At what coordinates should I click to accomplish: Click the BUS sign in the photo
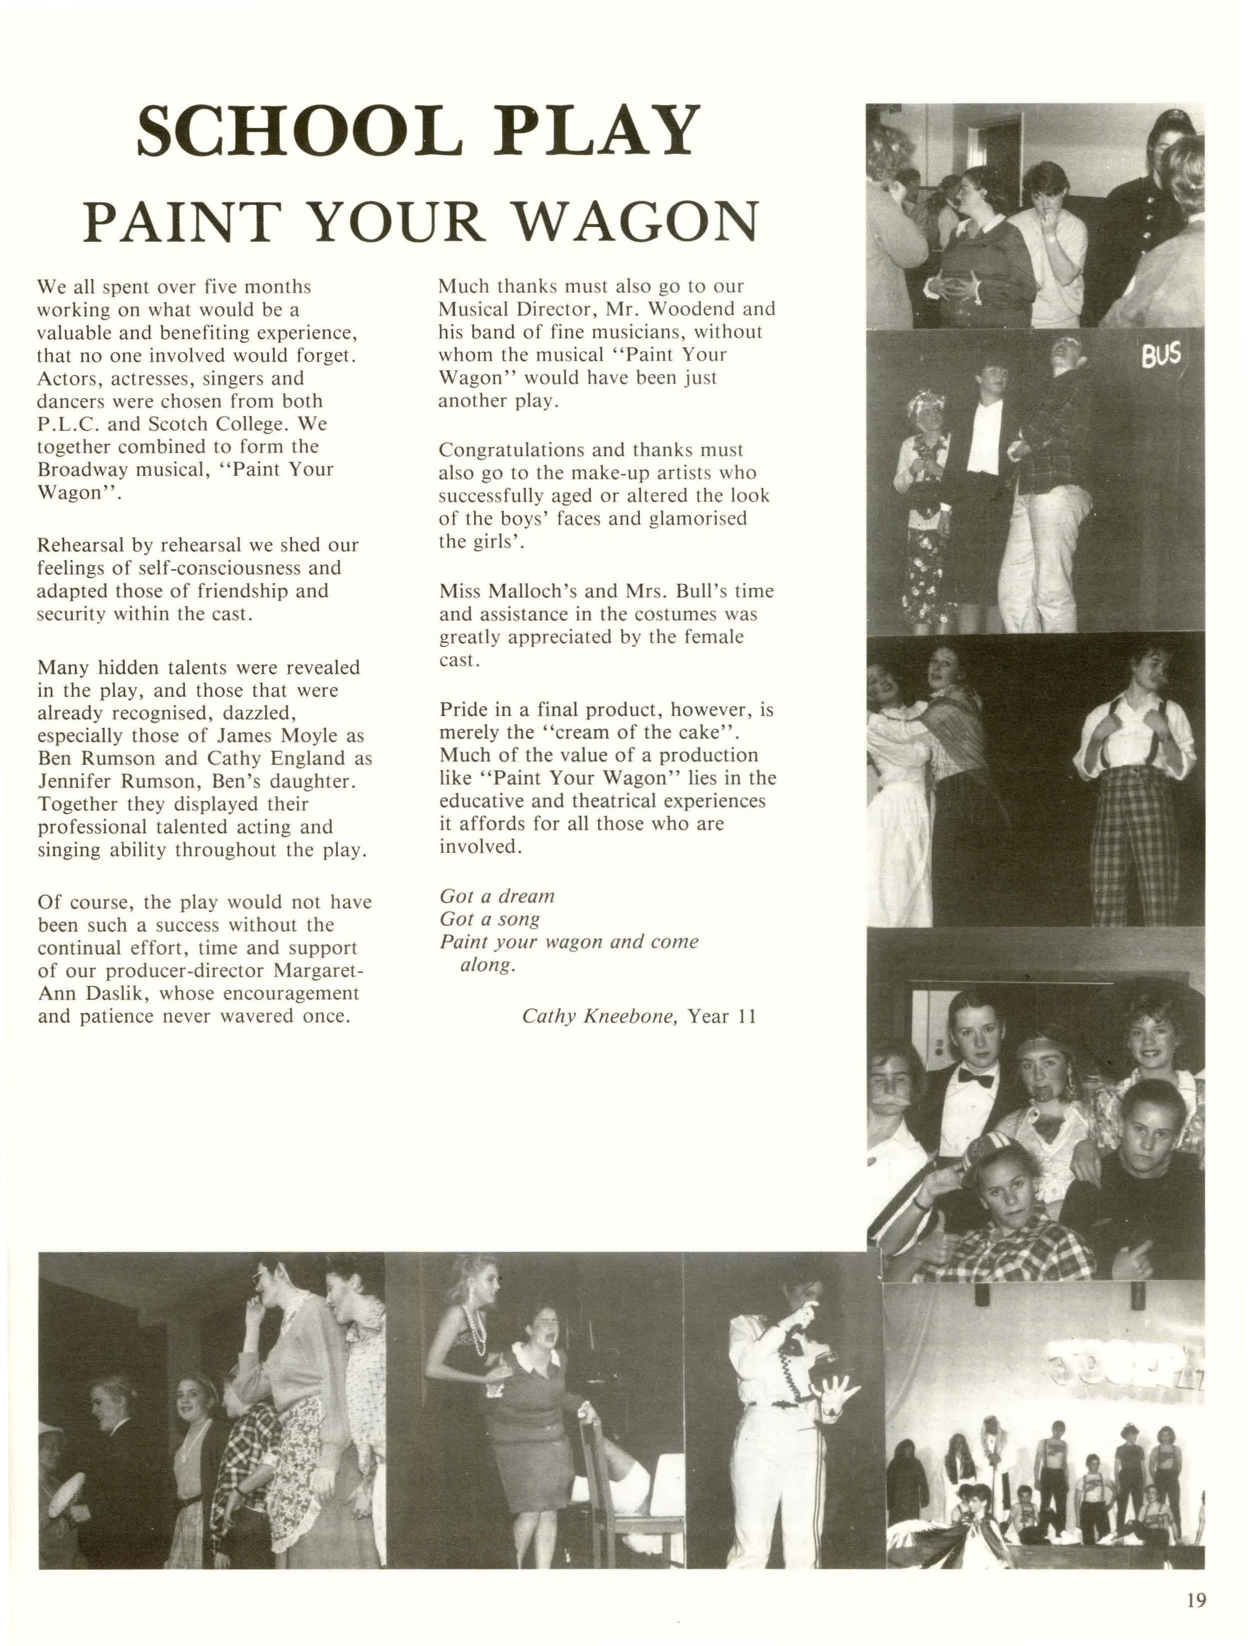tap(1161, 356)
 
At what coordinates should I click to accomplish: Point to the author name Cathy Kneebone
tap(599, 1016)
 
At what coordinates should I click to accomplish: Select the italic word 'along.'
tap(488, 965)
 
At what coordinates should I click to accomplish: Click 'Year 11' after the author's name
tap(721, 1016)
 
